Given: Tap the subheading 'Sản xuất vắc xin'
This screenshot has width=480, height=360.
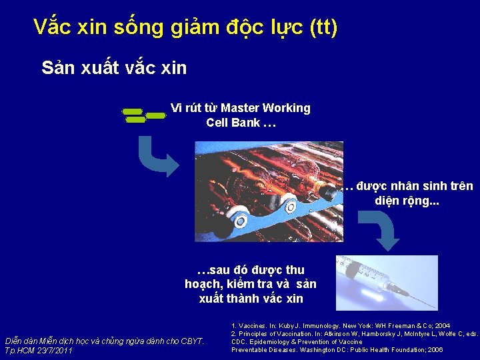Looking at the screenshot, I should pyautogui.click(x=114, y=67).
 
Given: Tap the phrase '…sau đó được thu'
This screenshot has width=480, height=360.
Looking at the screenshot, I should pyautogui.click(x=251, y=270).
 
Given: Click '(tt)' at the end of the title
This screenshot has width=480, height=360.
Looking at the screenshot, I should pyautogui.click(x=323, y=28).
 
